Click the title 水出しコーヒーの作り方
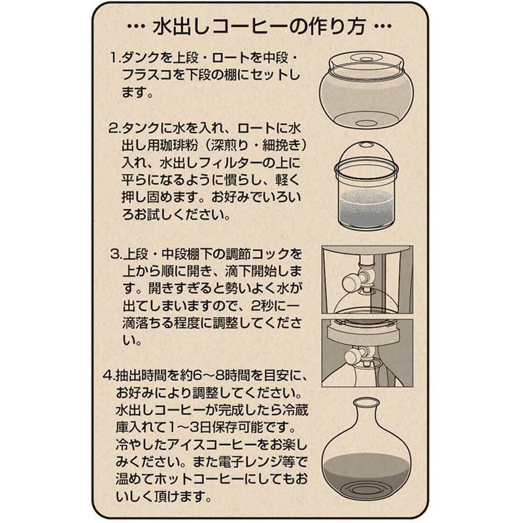(x=260, y=26)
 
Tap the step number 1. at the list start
(x=116, y=58)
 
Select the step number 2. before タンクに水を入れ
(x=114, y=128)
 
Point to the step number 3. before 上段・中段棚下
(x=116, y=254)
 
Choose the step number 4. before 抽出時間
(x=109, y=377)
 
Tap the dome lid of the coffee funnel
(x=366, y=154)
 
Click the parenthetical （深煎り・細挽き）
(x=256, y=145)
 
